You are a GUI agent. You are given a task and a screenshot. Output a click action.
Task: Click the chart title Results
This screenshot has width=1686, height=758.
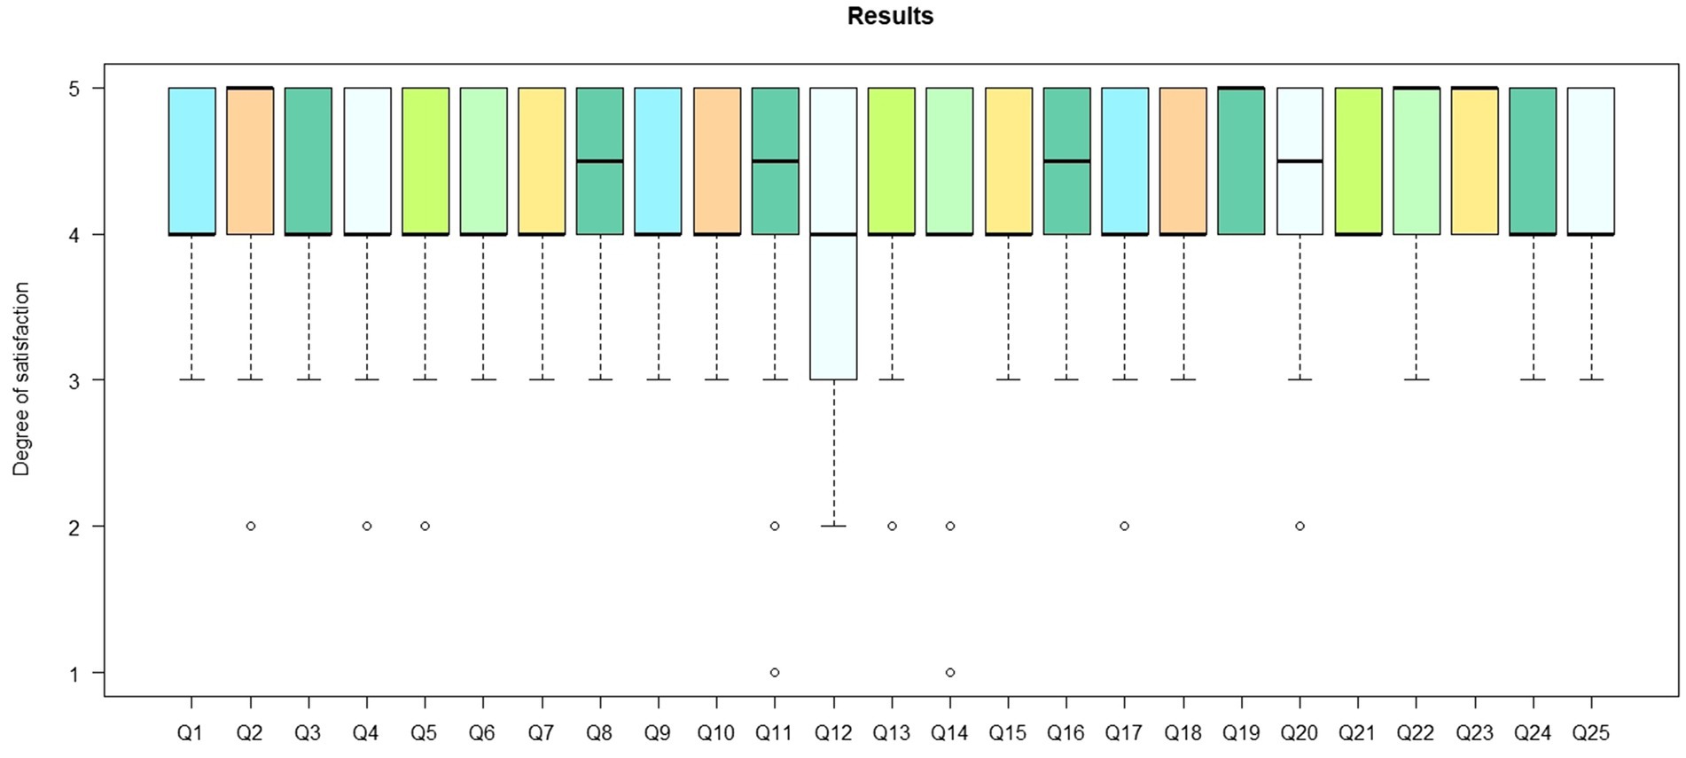point(890,17)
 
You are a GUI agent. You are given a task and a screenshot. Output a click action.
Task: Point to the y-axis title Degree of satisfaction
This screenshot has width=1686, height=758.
point(21,379)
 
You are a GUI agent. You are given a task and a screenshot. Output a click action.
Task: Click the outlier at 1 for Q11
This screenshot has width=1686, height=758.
point(775,672)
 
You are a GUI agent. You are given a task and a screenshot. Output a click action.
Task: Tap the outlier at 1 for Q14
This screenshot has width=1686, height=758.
point(950,672)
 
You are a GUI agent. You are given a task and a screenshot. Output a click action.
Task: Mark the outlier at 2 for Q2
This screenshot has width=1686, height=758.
point(251,526)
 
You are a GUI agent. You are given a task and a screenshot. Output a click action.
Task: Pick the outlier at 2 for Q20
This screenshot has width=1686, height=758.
point(1300,526)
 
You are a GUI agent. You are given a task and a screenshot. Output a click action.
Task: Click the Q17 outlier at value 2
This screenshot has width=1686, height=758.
point(1125,526)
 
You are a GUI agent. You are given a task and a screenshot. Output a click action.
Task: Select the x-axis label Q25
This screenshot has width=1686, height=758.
point(1591,733)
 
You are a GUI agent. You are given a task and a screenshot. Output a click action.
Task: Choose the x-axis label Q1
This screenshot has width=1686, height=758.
point(191,733)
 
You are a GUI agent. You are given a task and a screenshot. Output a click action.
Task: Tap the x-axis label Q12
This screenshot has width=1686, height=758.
point(833,733)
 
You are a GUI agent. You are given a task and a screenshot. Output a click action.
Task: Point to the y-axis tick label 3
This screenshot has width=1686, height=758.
point(74,380)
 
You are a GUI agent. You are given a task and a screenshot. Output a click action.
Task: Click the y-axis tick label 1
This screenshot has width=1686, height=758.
point(74,673)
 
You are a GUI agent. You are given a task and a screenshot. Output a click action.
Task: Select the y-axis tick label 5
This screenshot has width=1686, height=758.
point(74,89)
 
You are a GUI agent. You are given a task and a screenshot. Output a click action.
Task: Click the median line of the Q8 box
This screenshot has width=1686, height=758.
point(600,161)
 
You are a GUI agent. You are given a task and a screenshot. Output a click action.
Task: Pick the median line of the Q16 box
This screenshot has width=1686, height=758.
point(1066,161)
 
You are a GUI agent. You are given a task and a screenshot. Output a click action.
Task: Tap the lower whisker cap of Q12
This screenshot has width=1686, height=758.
point(833,526)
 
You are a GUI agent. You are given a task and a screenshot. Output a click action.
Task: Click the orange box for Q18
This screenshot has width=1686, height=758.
point(1183,160)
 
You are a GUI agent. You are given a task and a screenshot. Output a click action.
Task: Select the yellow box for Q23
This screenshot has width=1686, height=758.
point(1475,160)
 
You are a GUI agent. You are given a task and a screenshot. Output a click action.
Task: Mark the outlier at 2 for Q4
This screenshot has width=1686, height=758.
point(367,526)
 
